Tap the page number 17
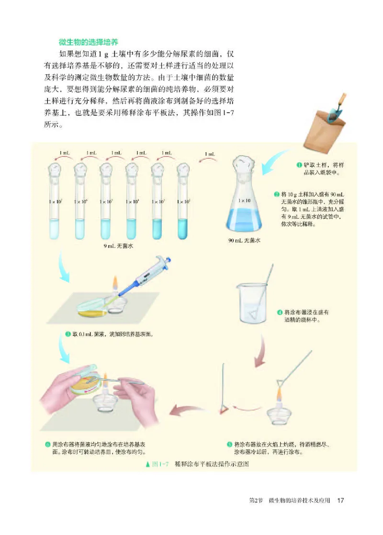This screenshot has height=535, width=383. (341, 501)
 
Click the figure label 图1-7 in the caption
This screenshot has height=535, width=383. (158, 464)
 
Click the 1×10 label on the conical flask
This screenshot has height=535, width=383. (244, 201)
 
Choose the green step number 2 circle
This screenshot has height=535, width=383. (276, 195)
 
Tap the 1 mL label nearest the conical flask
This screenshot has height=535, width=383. (209, 154)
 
